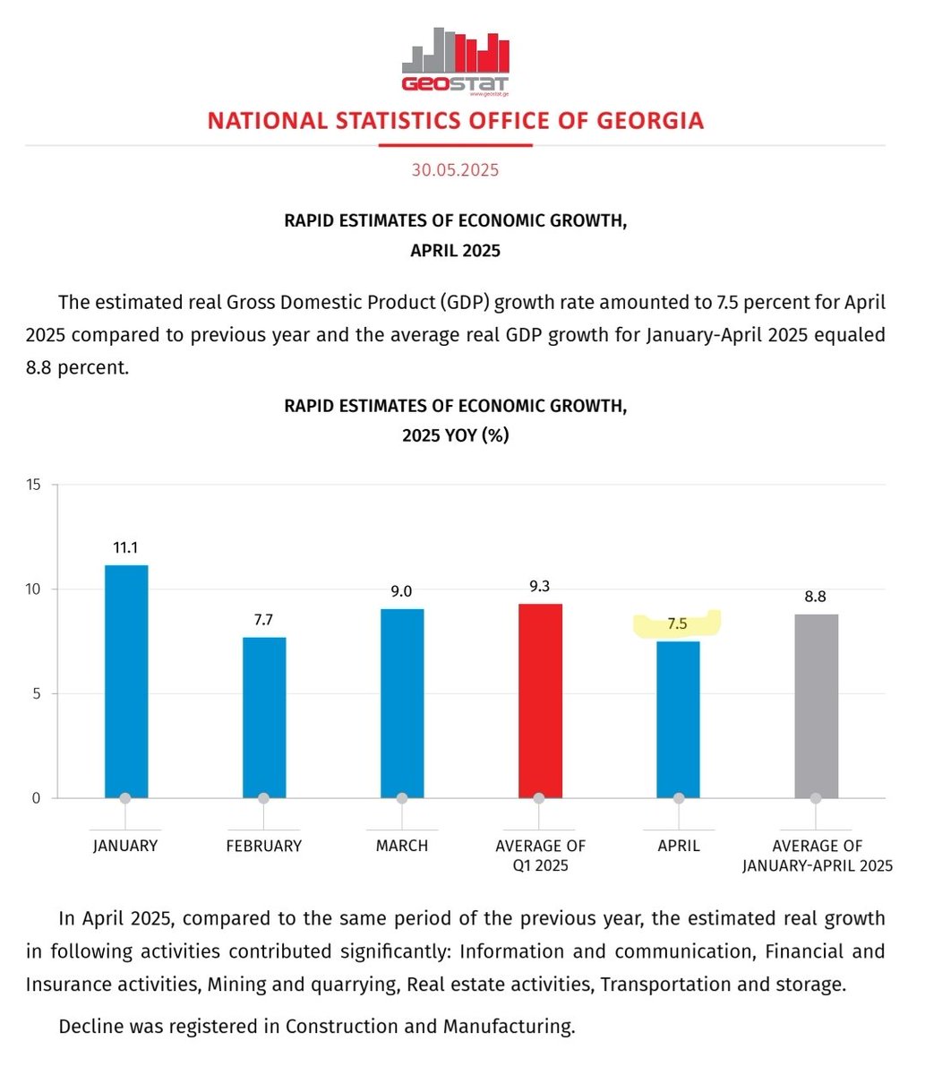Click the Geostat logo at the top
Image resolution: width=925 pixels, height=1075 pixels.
456,59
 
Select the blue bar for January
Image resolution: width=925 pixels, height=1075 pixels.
126,681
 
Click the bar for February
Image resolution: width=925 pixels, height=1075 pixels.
264,717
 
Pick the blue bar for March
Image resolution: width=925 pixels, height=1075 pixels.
402,703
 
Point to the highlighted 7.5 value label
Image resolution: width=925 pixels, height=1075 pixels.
677,624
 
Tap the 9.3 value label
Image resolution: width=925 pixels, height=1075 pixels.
540,588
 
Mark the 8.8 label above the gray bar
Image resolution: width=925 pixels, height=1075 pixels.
815,598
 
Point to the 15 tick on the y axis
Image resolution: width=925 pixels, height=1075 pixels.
34,486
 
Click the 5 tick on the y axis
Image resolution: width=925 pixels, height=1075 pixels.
37,693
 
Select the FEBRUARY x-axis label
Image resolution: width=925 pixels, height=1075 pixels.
264,846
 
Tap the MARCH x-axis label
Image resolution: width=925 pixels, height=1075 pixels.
402,846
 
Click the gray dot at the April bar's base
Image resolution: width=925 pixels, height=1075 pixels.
679,798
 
